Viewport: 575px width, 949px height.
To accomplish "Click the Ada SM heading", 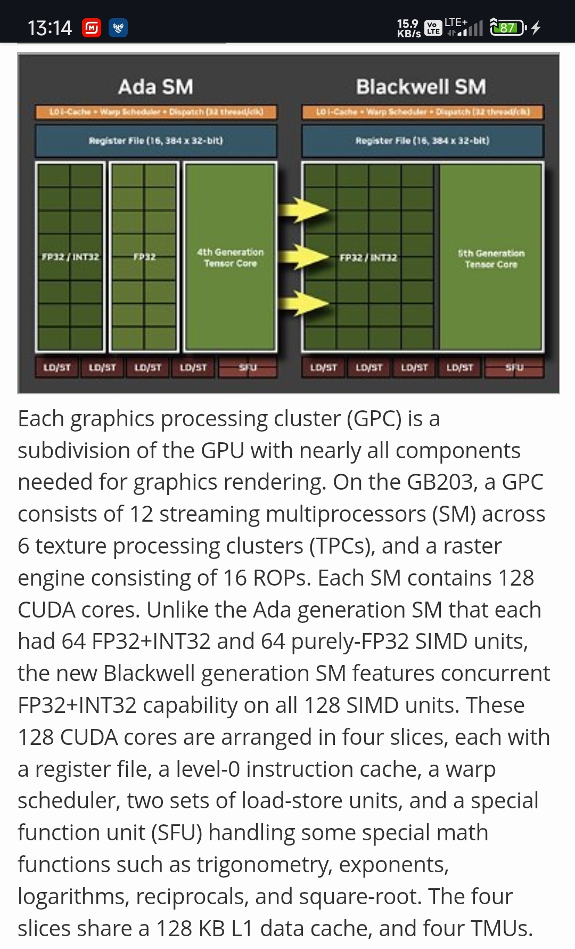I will point(155,87).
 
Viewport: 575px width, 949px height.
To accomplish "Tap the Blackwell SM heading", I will point(421,87).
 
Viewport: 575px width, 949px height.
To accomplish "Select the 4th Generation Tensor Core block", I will point(230,257).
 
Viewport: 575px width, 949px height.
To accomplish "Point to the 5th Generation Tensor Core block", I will point(491,258).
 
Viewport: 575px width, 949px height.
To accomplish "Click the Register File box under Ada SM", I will point(156,141).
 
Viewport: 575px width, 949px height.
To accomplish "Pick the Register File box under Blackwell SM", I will point(422,141).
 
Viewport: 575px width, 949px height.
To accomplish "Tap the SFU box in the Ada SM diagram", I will point(248,367).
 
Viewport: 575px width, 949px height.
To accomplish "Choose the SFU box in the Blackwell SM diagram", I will point(514,367).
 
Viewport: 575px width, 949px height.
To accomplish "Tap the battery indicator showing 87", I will point(507,27).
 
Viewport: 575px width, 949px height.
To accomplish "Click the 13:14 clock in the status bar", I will point(50,28).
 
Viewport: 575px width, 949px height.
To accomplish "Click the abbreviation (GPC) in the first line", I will point(374,419).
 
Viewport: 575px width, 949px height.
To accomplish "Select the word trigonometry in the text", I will point(264,864).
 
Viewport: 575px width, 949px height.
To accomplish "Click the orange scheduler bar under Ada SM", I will point(156,112).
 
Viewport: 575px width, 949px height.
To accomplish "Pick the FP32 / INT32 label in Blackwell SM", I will point(368,257).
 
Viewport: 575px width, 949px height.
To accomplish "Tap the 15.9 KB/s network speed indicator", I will point(409,28).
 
